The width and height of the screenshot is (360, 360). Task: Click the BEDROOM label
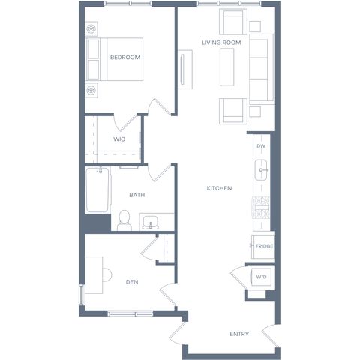[x=125, y=58]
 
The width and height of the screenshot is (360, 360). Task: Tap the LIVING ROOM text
[x=221, y=43]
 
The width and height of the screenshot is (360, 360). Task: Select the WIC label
[x=119, y=139]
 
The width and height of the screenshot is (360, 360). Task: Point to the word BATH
[x=137, y=195]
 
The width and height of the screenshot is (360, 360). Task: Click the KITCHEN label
[x=219, y=188]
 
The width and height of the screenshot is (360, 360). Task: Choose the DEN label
[x=132, y=282]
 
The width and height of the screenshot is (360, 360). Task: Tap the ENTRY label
[x=239, y=334]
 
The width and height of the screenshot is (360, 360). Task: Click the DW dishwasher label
[x=261, y=146]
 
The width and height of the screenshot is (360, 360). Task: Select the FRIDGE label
[x=264, y=246]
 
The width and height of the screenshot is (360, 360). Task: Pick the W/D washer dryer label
[x=262, y=277]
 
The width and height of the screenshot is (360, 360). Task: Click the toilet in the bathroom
[x=124, y=220]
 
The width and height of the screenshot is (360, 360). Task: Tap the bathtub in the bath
[x=97, y=190]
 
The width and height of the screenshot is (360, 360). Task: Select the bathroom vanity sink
[x=151, y=222]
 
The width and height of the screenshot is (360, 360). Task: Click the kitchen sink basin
[x=261, y=170]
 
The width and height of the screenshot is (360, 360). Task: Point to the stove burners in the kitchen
[x=261, y=207]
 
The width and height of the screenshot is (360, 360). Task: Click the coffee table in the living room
[x=227, y=67]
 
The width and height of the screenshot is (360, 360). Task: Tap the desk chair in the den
[x=107, y=275]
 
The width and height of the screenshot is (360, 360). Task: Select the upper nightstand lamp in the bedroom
[x=91, y=29]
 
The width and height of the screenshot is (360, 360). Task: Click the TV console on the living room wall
[x=185, y=70]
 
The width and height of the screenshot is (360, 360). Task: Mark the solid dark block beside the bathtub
[x=97, y=223]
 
